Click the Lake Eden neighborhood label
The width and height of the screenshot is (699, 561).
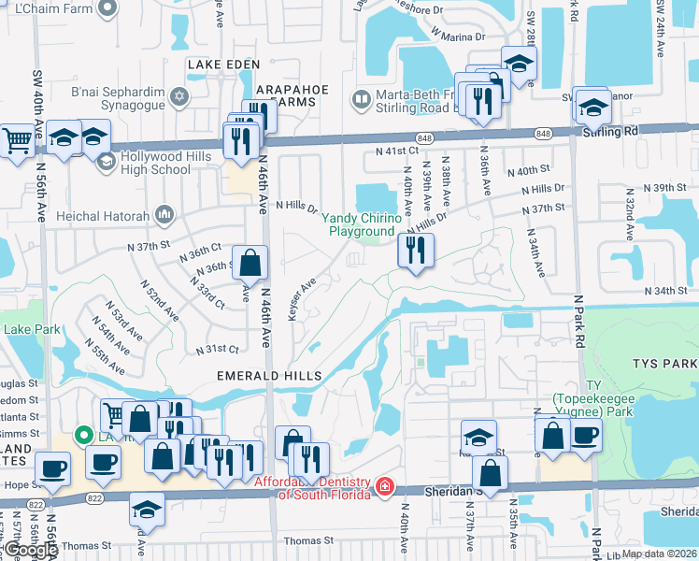pos(221,64)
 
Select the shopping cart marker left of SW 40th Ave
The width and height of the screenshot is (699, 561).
pos(17,141)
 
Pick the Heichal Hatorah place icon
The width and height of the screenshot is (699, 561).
pos(166,215)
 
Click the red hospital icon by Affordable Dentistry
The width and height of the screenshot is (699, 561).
pos(384,487)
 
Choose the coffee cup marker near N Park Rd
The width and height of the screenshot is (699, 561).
pos(585,435)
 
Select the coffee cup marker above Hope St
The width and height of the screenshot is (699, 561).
pos(53,469)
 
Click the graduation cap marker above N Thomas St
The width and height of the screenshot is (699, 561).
pos(147,509)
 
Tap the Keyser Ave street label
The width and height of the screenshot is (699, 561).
pos(303,297)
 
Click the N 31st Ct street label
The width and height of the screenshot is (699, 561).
pos(217,349)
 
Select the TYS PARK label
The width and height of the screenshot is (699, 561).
pos(664,363)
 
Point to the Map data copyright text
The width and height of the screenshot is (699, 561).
pos(659,554)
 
